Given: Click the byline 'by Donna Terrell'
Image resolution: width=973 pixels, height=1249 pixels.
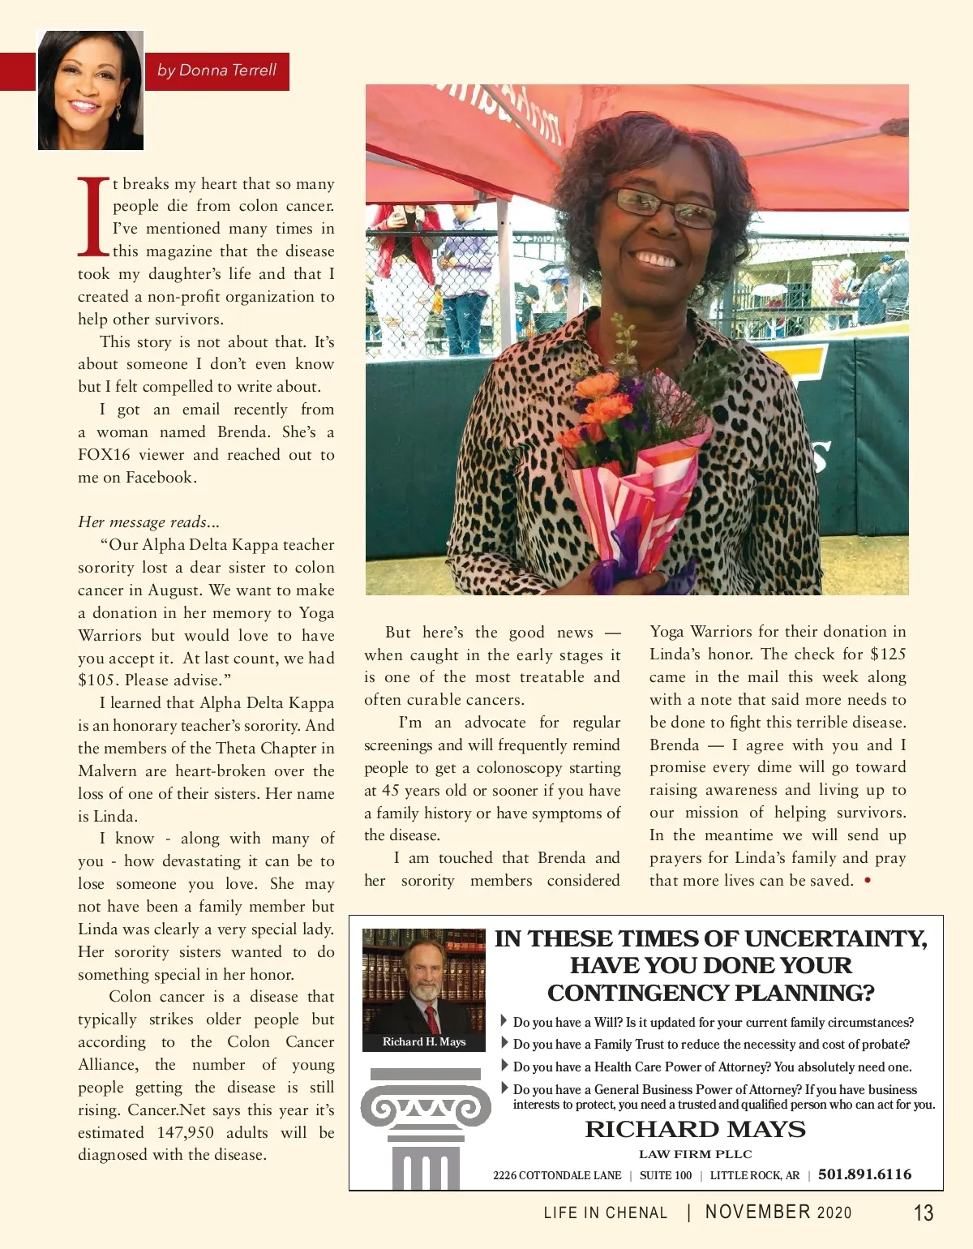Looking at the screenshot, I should click(216, 71).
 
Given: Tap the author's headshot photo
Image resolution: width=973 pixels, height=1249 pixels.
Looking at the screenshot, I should click(90, 90).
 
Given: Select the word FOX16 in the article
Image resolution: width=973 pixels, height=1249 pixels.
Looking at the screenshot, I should click(104, 455).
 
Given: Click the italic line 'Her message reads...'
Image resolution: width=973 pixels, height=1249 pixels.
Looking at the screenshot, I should click(148, 522).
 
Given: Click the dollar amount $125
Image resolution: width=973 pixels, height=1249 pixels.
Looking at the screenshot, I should click(888, 654).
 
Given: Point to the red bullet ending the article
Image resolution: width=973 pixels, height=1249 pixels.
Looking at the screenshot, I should click(868, 881).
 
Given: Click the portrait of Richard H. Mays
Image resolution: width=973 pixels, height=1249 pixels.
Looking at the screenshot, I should click(423, 981).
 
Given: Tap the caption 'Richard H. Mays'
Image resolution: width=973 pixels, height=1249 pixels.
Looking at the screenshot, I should click(424, 1041).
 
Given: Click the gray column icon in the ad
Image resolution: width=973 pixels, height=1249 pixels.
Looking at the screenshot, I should click(425, 1127).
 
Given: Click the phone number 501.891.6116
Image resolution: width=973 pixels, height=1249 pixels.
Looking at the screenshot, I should click(864, 1174).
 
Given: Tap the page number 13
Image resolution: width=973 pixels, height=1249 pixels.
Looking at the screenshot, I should click(924, 1213).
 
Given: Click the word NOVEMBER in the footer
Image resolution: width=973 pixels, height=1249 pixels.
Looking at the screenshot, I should click(758, 1212).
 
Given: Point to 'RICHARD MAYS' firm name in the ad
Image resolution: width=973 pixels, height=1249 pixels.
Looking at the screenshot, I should click(695, 1129).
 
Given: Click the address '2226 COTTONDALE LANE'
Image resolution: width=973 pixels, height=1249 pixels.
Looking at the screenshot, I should click(557, 1175).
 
